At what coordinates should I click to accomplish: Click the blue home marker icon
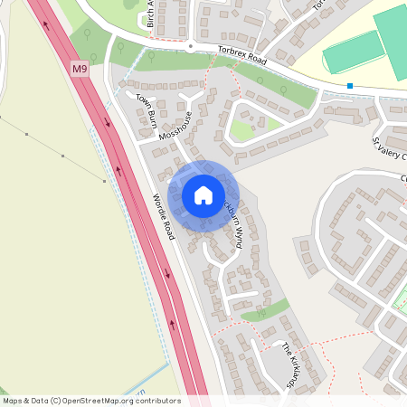[x=203, y=195]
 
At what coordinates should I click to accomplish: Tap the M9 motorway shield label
[x=80, y=68]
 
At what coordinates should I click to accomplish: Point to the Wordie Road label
[x=163, y=216]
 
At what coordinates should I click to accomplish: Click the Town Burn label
[x=147, y=109]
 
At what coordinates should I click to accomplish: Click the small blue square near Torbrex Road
[x=349, y=86]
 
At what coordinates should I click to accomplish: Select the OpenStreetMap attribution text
[x=91, y=400]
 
